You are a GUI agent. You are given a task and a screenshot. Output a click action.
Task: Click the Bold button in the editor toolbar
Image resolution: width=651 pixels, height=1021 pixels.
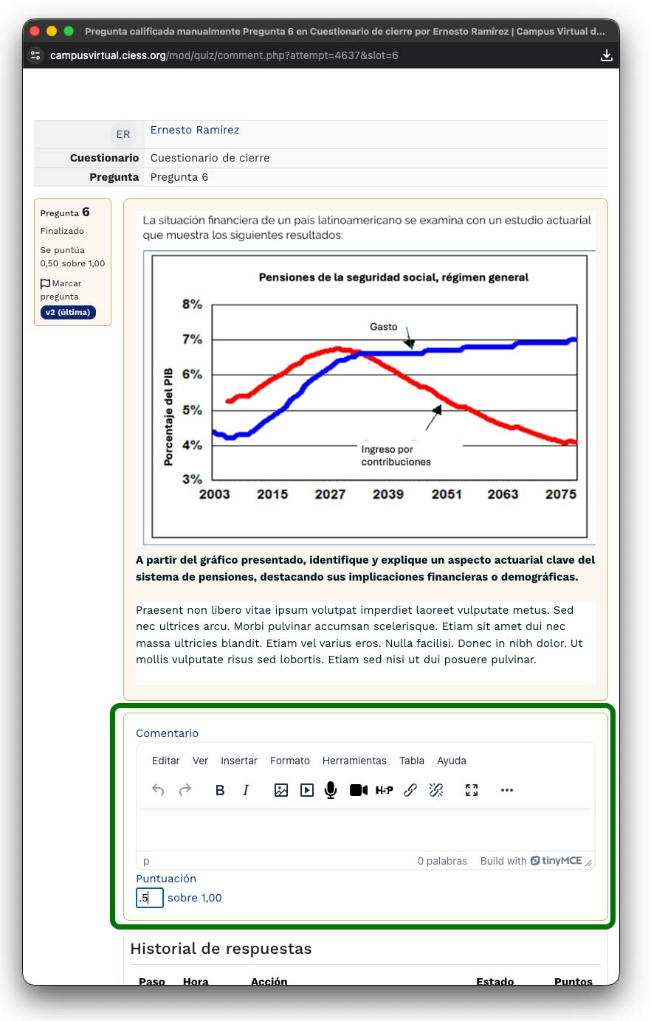click(x=220, y=790)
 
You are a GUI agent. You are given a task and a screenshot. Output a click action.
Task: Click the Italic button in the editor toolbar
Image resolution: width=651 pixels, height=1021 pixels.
click(x=246, y=790)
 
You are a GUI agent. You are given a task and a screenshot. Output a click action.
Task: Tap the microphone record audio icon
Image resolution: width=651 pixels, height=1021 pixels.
click(x=331, y=790)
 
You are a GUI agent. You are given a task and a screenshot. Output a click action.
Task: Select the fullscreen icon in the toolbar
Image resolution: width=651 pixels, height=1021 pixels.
click(x=472, y=790)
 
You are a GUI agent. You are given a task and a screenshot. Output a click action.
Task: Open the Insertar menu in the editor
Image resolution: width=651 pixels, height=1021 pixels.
click(x=239, y=761)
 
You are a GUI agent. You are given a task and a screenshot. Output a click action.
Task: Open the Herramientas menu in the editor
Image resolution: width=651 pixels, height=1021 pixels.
click(x=354, y=761)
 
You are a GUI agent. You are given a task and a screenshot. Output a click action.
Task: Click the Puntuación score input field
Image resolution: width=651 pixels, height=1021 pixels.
click(x=150, y=898)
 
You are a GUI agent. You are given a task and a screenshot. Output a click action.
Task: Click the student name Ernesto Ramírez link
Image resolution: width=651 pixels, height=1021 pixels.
click(x=195, y=130)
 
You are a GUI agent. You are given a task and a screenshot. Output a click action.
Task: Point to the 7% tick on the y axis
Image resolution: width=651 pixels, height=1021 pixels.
click(x=192, y=339)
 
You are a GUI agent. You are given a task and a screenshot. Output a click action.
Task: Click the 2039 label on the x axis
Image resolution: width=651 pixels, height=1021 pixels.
click(x=388, y=494)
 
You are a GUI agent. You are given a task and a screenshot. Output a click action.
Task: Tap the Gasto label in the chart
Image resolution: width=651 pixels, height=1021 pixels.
click(x=383, y=327)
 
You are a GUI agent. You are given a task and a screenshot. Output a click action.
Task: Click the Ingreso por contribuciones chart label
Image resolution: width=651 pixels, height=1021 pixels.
click(x=396, y=455)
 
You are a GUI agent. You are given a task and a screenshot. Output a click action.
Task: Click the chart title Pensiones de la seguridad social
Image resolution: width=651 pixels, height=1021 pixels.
click(x=393, y=277)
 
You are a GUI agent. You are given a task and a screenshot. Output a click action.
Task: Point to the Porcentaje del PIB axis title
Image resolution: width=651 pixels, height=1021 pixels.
click(x=168, y=417)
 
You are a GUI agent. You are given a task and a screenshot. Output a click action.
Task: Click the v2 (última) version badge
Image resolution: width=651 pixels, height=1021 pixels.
click(x=68, y=312)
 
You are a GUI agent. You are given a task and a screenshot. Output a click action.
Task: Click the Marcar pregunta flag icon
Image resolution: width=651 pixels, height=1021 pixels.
click(x=45, y=283)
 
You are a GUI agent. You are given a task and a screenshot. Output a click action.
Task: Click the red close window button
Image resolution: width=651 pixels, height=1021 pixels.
click(x=35, y=31)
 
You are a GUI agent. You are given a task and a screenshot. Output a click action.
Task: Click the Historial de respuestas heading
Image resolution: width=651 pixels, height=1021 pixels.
click(x=221, y=949)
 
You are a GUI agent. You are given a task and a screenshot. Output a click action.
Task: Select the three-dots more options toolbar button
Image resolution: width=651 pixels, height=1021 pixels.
click(x=506, y=790)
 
